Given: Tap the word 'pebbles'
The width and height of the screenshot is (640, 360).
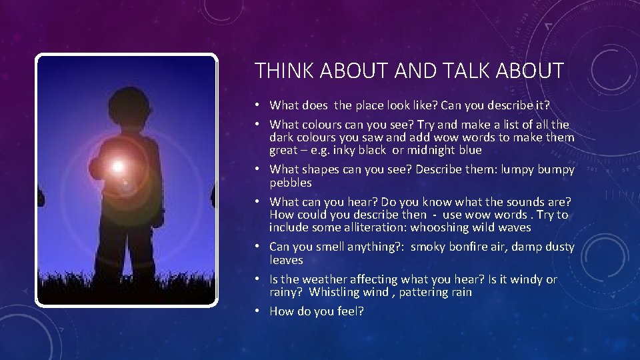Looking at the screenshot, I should [291, 183].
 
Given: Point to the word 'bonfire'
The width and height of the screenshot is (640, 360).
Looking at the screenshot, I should [468, 247].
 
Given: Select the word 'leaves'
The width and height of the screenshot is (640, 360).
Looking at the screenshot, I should [286, 260].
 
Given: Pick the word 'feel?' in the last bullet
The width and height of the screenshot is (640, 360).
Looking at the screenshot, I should [350, 311].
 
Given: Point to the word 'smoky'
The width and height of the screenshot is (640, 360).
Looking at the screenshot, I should [429, 247].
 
